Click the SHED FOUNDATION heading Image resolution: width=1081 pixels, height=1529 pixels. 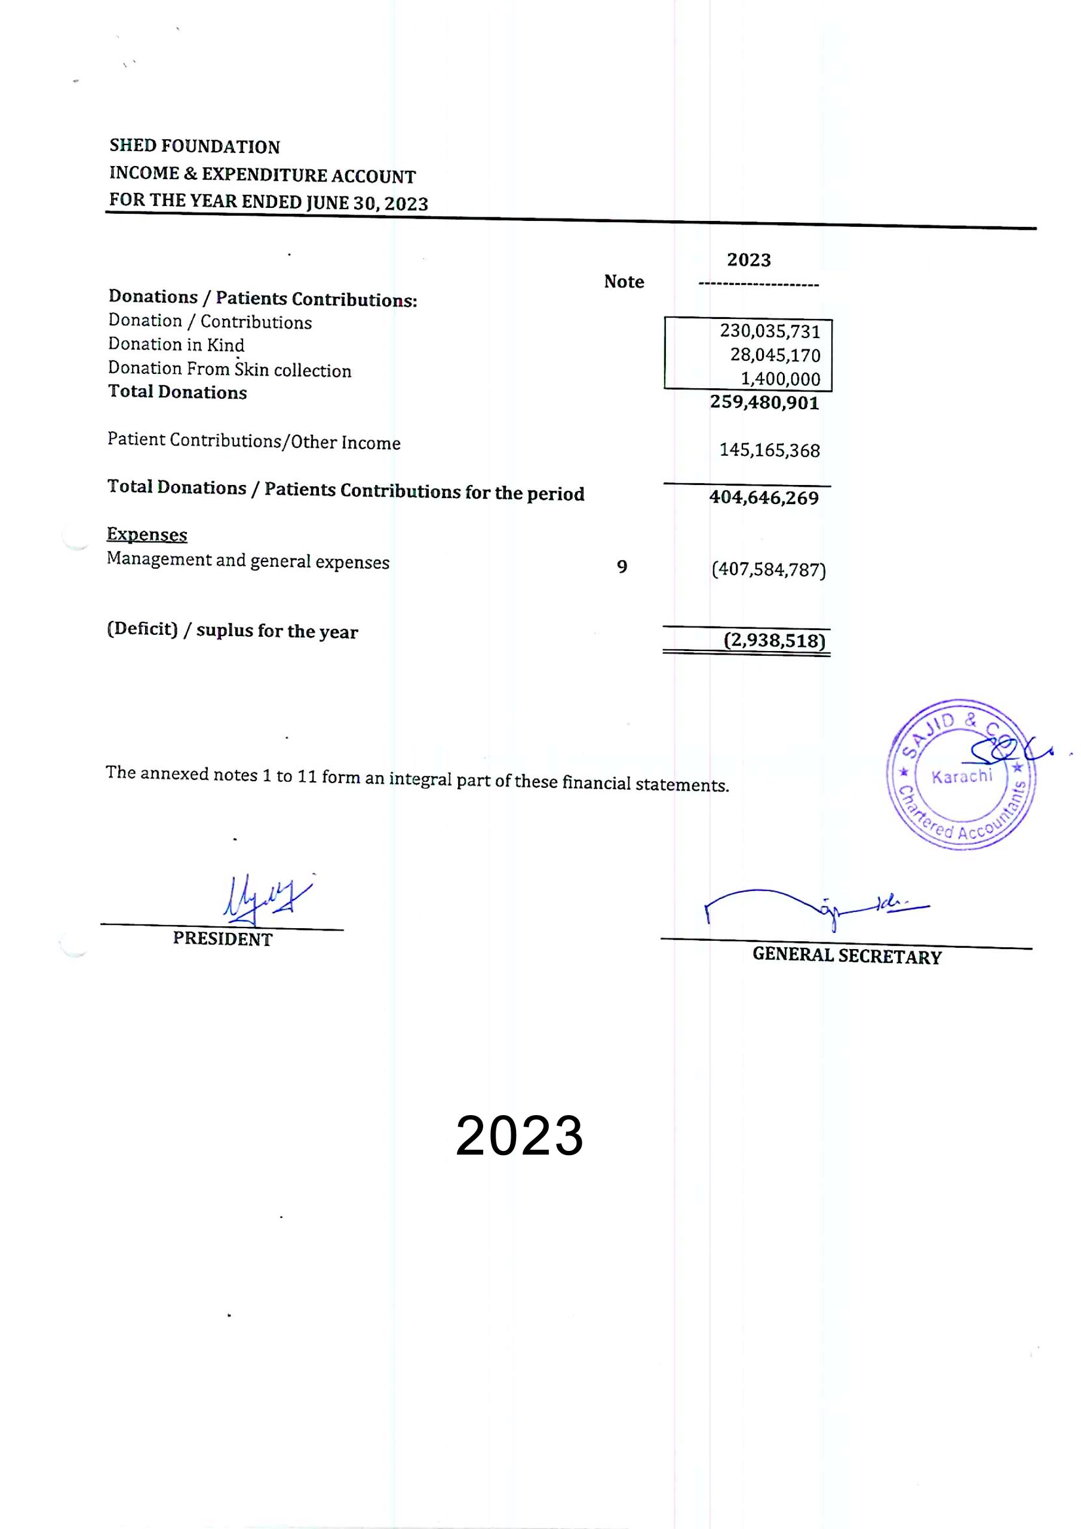pyautogui.click(x=195, y=146)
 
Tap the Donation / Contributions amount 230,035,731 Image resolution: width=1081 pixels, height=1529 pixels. pyautogui.click(x=769, y=331)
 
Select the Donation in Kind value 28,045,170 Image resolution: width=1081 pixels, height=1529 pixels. pyautogui.click(x=775, y=355)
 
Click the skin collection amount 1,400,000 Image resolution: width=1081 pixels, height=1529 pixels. pyautogui.click(x=780, y=379)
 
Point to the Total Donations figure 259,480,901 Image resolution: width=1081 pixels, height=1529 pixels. pyautogui.click(x=764, y=402)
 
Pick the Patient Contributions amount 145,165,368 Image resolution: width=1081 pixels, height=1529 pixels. pyautogui.click(x=769, y=450)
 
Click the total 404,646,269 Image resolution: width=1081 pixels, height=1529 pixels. pyautogui.click(x=763, y=498)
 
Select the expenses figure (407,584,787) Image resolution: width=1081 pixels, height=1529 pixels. pyautogui.click(x=769, y=569)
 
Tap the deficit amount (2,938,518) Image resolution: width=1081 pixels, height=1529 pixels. pyautogui.click(x=774, y=641)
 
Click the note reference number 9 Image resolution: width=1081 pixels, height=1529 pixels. pyautogui.click(x=621, y=567)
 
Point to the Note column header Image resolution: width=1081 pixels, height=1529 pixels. pyautogui.click(x=624, y=282)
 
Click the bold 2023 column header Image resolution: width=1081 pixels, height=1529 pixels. pyautogui.click(x=749, y=260)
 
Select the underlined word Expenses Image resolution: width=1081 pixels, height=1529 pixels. pyautogui.click(x=146, y=535)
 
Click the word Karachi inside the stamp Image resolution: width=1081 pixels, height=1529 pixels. pyautogui.click(x=961, y=776)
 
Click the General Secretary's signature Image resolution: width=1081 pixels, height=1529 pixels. pyautogui.click(x=813, y=905)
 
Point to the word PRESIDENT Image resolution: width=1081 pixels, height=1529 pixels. pyautogui.click(x=222, y=939)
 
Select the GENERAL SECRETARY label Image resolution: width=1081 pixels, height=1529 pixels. pyautogui.click(x=846, y=956)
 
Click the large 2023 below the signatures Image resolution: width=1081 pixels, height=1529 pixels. pyautogui.click(x=520, y=1136)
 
